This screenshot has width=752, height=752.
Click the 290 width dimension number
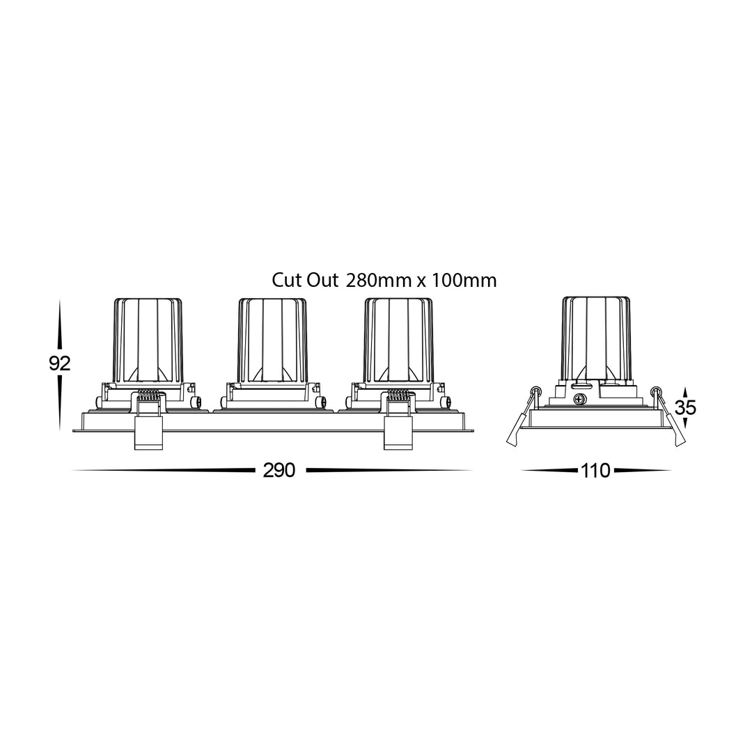tap(279, 471)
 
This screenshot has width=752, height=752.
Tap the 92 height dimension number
tap(59, 363)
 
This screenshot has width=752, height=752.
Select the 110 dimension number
tap(595, 471)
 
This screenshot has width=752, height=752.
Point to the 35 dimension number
tap(685, 407)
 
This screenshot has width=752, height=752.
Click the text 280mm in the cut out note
tap(378, 281)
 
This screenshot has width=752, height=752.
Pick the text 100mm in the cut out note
tap(464, 281)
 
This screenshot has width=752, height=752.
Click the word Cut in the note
tap(287, 281)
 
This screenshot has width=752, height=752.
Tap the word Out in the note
tap(323, 281)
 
